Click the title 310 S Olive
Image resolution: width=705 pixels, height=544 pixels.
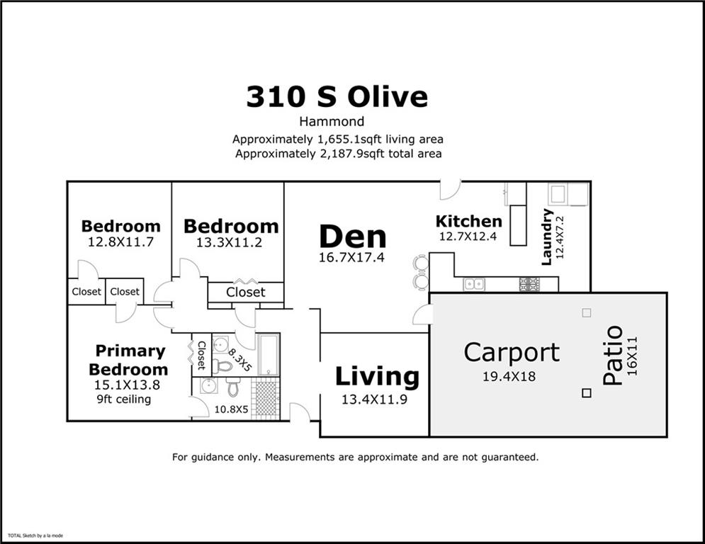337,96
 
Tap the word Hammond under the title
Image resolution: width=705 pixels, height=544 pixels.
332,121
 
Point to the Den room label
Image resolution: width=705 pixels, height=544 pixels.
353,237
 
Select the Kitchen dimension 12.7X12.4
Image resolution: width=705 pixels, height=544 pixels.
468,236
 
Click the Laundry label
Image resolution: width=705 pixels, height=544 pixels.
547,237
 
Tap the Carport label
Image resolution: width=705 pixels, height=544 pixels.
512,353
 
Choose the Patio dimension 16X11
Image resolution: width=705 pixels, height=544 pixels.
632,356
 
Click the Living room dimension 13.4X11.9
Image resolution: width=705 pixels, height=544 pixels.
374,399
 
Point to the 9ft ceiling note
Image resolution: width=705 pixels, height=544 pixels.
124,399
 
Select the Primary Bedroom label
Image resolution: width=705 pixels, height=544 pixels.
128,360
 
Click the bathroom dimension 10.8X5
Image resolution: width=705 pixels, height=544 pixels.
231,409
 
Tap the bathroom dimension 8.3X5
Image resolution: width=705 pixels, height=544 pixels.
239,360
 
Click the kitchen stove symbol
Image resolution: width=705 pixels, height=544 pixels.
529,284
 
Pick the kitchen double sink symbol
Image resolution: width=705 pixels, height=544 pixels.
474,284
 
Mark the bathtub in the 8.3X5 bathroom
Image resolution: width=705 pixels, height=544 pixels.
268,354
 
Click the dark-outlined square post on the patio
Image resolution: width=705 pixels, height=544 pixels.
586,393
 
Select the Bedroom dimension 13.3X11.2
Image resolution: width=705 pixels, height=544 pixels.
229,243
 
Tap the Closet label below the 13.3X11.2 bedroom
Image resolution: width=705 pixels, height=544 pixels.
245,293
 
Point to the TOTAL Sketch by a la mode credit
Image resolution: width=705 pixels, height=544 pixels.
35,535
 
